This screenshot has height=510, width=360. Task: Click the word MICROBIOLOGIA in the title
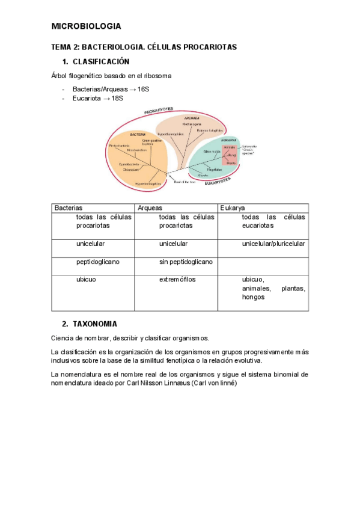(x=86, y=26)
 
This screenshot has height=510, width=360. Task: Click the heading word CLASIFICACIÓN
(x=101, y=62)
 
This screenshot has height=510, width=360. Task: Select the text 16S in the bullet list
(x=143, y=89)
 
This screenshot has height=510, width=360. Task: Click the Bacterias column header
(x=69, y=207)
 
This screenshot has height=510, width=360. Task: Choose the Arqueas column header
(x=150, y=207)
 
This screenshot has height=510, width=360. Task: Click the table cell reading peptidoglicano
(x=98, y=262)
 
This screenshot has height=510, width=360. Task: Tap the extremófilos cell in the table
(x=177, y=280)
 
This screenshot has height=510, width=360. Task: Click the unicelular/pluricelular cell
(x=273, y=244)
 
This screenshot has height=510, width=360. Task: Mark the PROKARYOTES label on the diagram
(x=159, y=111)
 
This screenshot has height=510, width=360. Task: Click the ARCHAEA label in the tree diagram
(x=192, y=118)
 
